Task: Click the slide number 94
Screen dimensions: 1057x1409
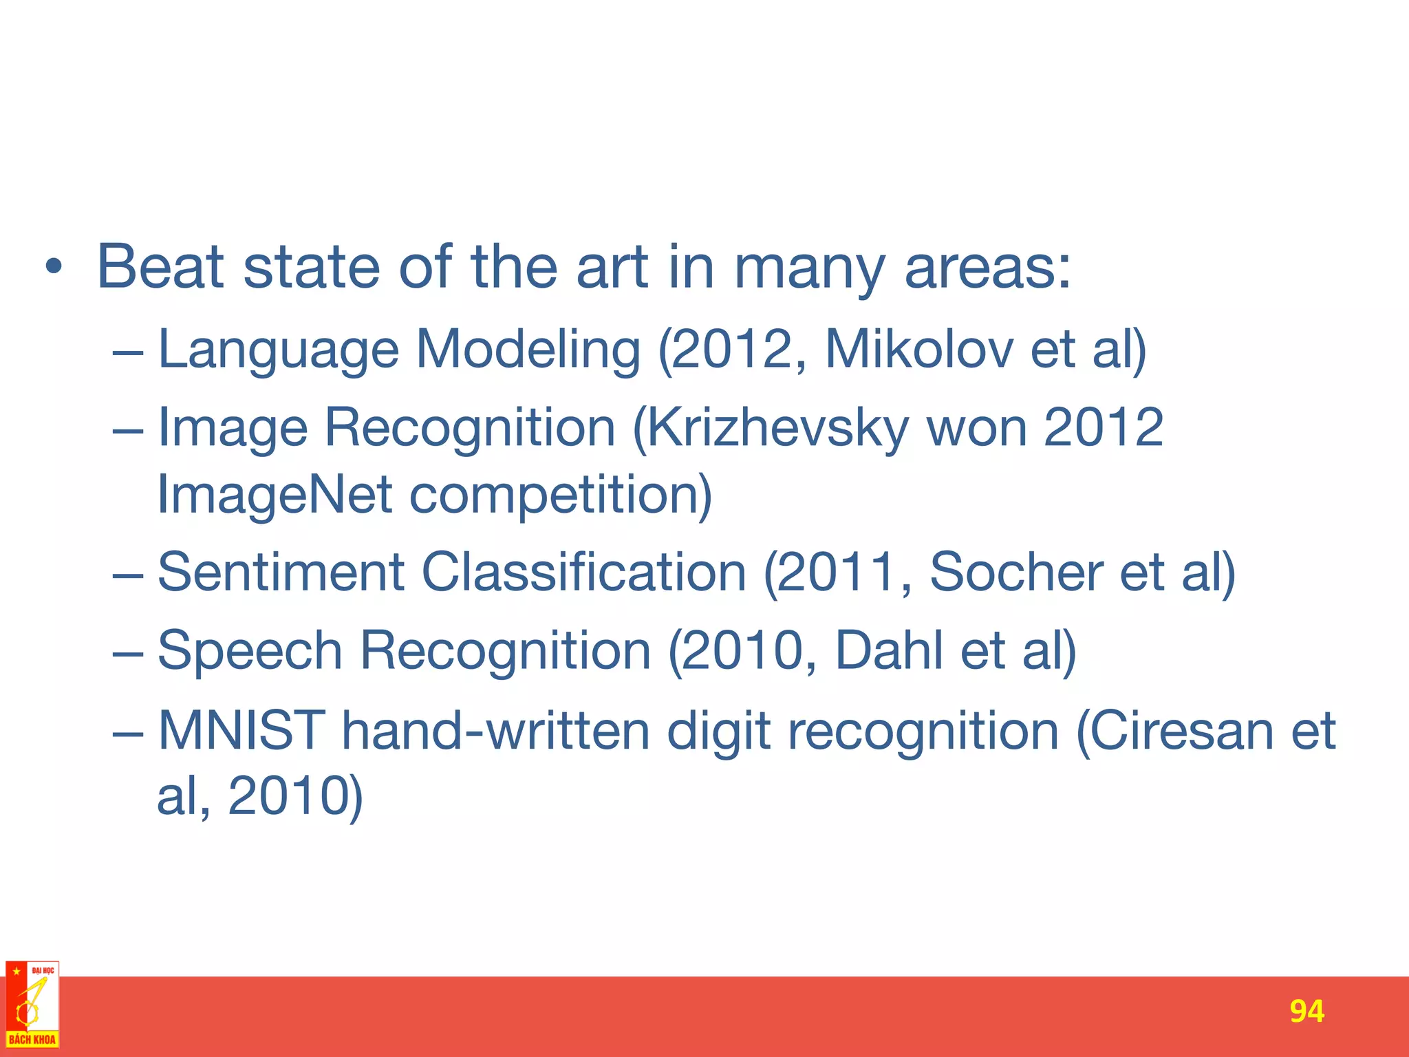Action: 1306,1012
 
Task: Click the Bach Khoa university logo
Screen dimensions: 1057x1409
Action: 32,1005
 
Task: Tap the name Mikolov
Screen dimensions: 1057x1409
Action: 918,350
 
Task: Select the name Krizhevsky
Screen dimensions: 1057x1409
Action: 777,428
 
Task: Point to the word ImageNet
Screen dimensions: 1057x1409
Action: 275,494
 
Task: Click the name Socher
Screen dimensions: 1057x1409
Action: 1015,573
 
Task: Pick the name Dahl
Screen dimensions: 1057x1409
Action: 888,650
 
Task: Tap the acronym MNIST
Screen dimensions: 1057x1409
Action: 241,730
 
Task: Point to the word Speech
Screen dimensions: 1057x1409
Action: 250,650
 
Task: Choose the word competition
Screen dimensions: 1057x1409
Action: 560,494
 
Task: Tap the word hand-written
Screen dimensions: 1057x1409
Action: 495,730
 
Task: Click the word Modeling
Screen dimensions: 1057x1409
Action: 528,350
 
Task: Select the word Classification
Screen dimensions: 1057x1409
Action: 583,573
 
